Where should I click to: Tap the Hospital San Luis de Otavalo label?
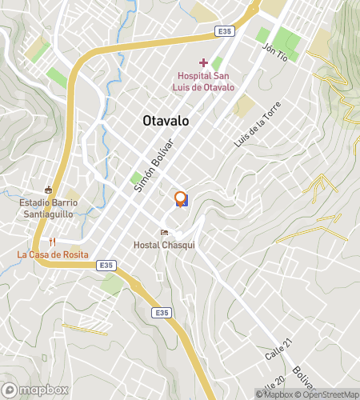(206, 82)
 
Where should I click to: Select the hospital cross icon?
(203, 62)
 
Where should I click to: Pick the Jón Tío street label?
(274, 54)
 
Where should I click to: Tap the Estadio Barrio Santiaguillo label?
(48, 208)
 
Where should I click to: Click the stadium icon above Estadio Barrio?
(49, 190)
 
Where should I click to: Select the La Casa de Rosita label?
(53, 254)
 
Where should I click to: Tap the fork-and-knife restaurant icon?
(53, 241)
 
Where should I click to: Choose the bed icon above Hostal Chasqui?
(165, 233)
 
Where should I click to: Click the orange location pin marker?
(181, 198)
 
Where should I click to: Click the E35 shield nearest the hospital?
(225, 31)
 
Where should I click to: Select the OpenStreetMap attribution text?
(328, 394)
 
